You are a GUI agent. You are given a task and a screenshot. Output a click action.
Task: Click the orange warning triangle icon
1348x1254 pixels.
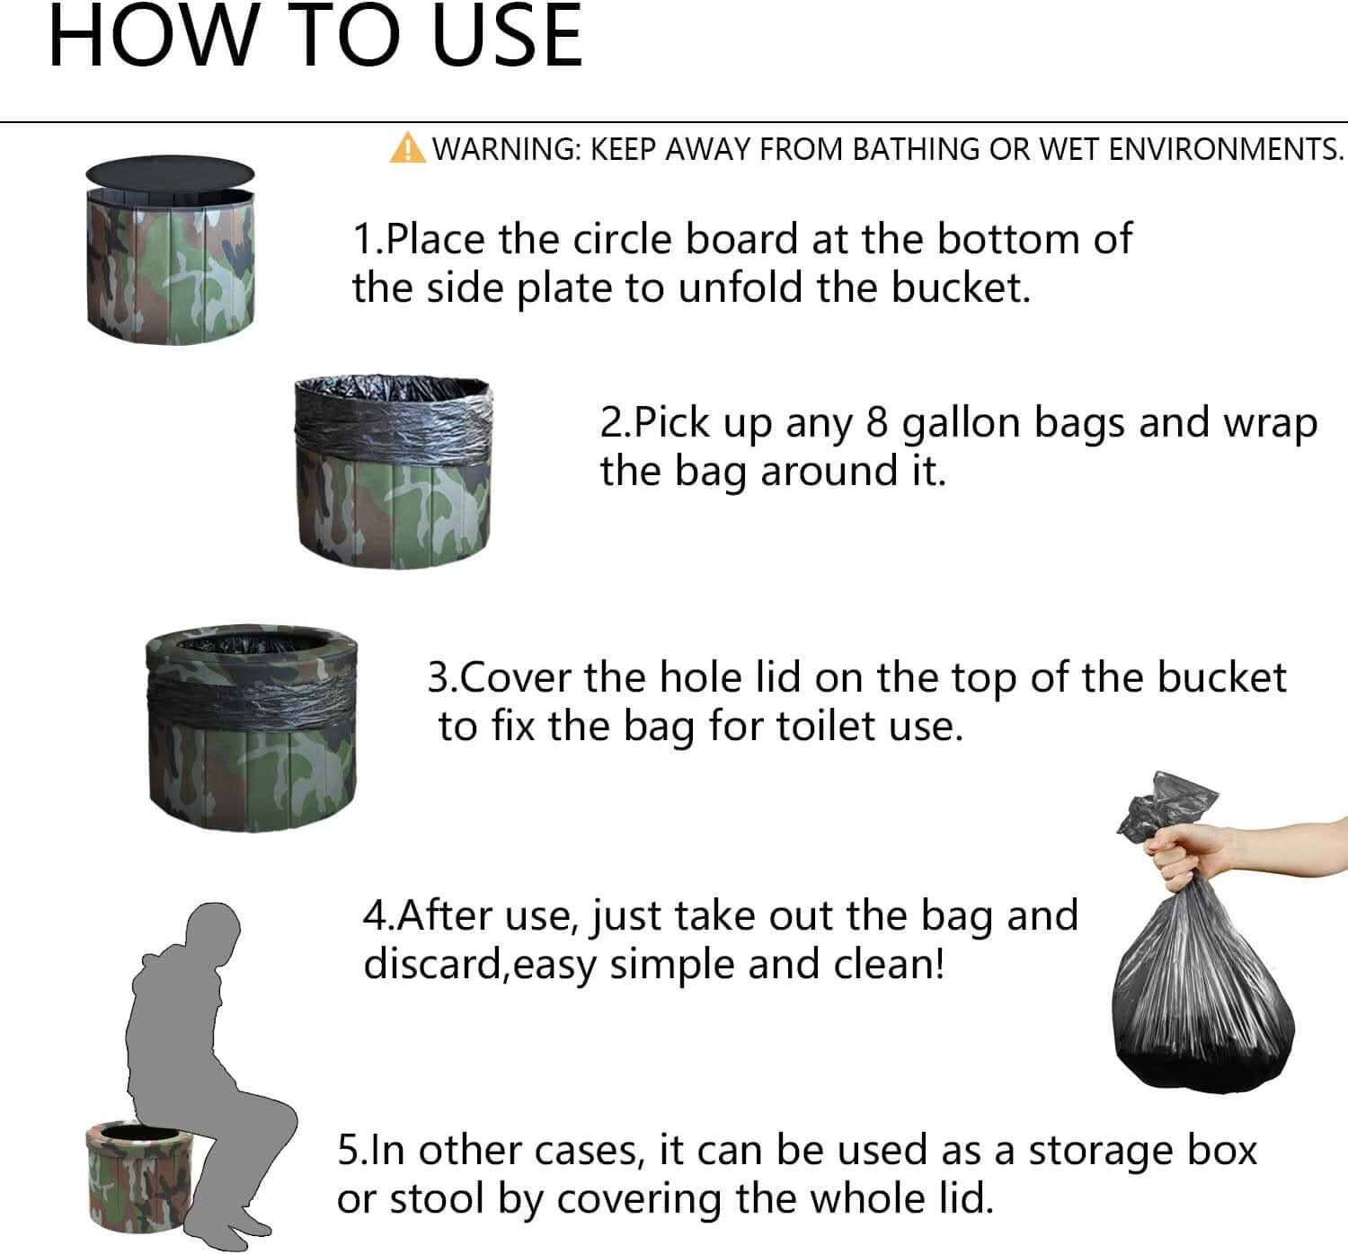(407, 147)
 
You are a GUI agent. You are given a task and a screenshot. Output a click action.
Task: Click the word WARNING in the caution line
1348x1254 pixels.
(507, 149)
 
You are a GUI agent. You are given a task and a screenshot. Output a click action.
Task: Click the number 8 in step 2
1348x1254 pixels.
(877, 422)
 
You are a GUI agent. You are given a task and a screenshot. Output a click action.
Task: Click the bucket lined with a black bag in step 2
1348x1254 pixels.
(394, 468)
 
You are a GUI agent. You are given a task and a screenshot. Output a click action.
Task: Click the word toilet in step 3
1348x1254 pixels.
(827, 726)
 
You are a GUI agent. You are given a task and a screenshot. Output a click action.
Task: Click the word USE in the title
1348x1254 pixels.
(508, 38)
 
